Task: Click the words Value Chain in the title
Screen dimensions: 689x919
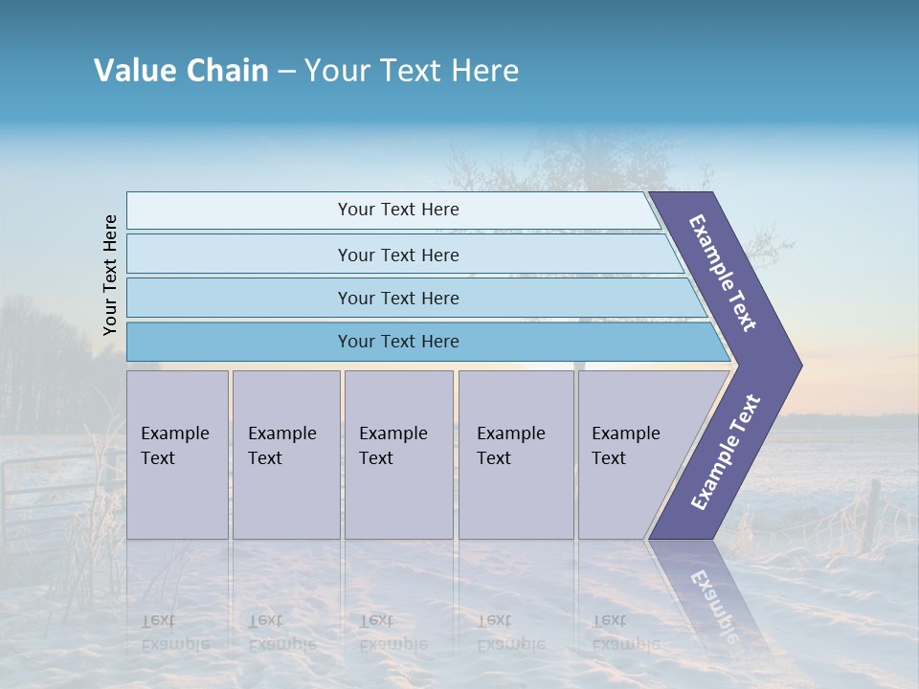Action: pos(181,71)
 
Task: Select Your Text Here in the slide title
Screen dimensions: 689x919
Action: pos(412,71)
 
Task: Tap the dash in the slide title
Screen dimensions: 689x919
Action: pos(286,72)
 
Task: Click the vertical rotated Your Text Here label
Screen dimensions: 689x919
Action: pos(110,275)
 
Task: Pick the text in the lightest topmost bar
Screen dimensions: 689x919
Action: pos(398,210)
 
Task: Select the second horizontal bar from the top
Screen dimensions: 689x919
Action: pos(398,255)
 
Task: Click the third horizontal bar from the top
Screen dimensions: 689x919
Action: pos(398,298)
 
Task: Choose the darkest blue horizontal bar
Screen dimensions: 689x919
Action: pos(398,342)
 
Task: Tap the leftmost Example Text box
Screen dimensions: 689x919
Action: pos(177,455)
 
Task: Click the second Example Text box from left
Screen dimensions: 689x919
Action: pos(285,455)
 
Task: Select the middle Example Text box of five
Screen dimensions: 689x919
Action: pos(398,455)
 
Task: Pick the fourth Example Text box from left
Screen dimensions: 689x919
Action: pos(516,455)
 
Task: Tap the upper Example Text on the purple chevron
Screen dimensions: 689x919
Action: pos(723,273)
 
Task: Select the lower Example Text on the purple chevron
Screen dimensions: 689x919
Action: pos(725,453)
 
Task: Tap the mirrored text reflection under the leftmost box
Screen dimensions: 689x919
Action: pos(175,633)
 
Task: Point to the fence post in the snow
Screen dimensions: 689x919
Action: pos(870,516)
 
